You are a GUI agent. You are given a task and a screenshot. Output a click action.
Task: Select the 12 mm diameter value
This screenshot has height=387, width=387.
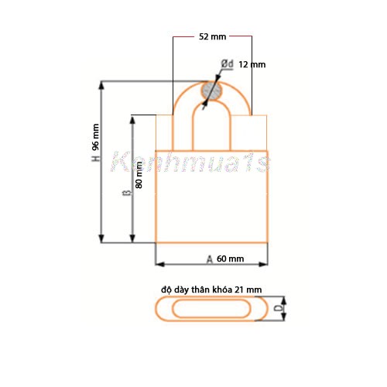click(252, 65)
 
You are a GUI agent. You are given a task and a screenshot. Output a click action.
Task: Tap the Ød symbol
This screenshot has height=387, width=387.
click(228, 63)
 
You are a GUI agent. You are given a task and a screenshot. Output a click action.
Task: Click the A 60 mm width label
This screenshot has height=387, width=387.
click(225, 258)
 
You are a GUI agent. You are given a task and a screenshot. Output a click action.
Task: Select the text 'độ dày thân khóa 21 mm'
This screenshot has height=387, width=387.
click(211, 289)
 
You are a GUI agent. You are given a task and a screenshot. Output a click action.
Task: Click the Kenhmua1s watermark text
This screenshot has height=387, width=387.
click(190, 163)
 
